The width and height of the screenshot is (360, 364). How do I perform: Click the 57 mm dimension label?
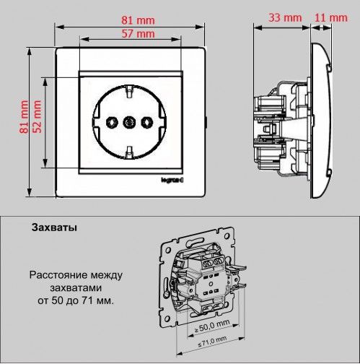click(138, 34)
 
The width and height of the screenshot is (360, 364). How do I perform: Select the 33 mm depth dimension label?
click(285, 18)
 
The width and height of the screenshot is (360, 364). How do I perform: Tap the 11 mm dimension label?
click(331, 18)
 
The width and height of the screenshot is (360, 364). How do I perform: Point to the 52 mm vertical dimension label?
click(37, 117)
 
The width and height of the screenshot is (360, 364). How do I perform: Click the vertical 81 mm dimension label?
click(24, 117)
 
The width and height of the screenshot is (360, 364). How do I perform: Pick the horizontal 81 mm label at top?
click(138, 20)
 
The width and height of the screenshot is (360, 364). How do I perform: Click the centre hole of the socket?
click(129, 122)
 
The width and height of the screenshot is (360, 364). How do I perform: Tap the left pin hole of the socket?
click(112, 122)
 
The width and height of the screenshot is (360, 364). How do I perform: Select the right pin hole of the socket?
click(146, 122)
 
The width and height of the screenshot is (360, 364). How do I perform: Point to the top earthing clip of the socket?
click(129, 91)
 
